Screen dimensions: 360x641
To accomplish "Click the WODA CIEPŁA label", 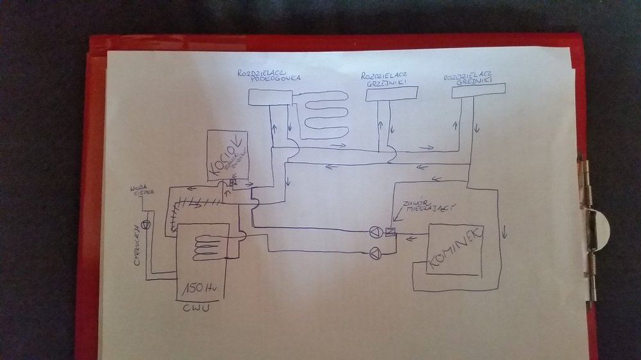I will [x=140, y=192].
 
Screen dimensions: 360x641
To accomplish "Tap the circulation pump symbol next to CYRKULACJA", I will [x=146, y=224].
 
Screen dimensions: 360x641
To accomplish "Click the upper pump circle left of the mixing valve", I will [x=376, y=232].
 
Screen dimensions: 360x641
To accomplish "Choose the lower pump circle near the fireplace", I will [x=375, y=252].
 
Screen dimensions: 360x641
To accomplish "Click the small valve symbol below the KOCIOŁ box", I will [x=233, y=182].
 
